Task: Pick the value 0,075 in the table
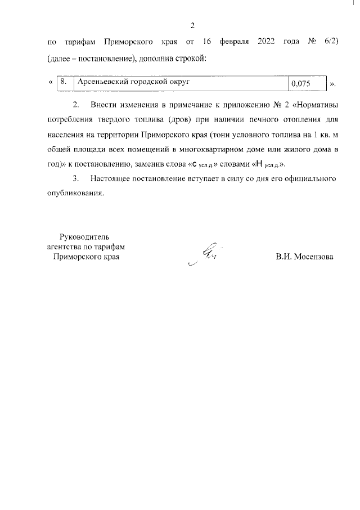[x=301, y=84]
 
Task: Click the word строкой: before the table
[x=187, y=59]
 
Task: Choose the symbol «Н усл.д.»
[x=263, y=164]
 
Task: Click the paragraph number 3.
[x=76, y=179]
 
